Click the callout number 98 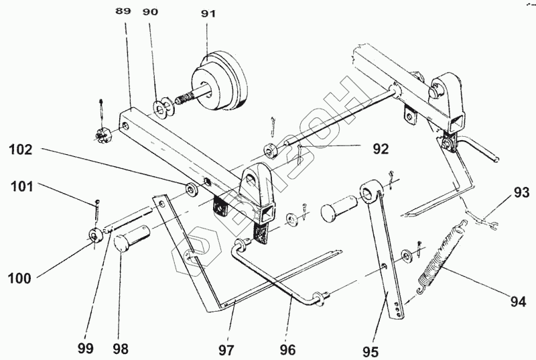[121, 349]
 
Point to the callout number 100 [20, 278]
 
